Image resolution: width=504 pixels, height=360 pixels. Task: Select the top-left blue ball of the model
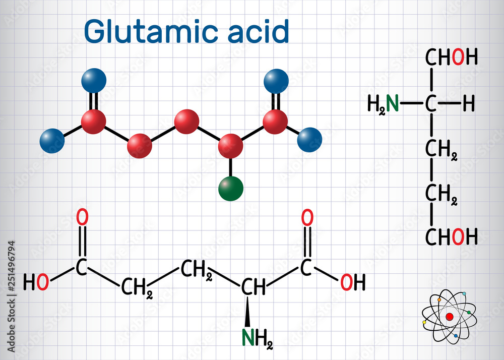click(94, 80)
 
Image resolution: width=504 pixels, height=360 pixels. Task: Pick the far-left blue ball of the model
click(52, 141)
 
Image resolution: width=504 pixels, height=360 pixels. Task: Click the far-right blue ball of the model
click(309, 140)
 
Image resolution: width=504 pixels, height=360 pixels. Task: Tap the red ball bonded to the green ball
click(231, 146)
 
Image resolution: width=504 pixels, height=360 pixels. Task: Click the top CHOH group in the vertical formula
click(452, 58)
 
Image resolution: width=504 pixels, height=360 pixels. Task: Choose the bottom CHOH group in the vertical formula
click(452, 236)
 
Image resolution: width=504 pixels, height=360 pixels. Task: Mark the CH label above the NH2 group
click(253, 287)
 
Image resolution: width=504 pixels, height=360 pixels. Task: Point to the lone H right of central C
click(468, 104)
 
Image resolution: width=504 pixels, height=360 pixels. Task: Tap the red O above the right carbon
click(307, 217)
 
